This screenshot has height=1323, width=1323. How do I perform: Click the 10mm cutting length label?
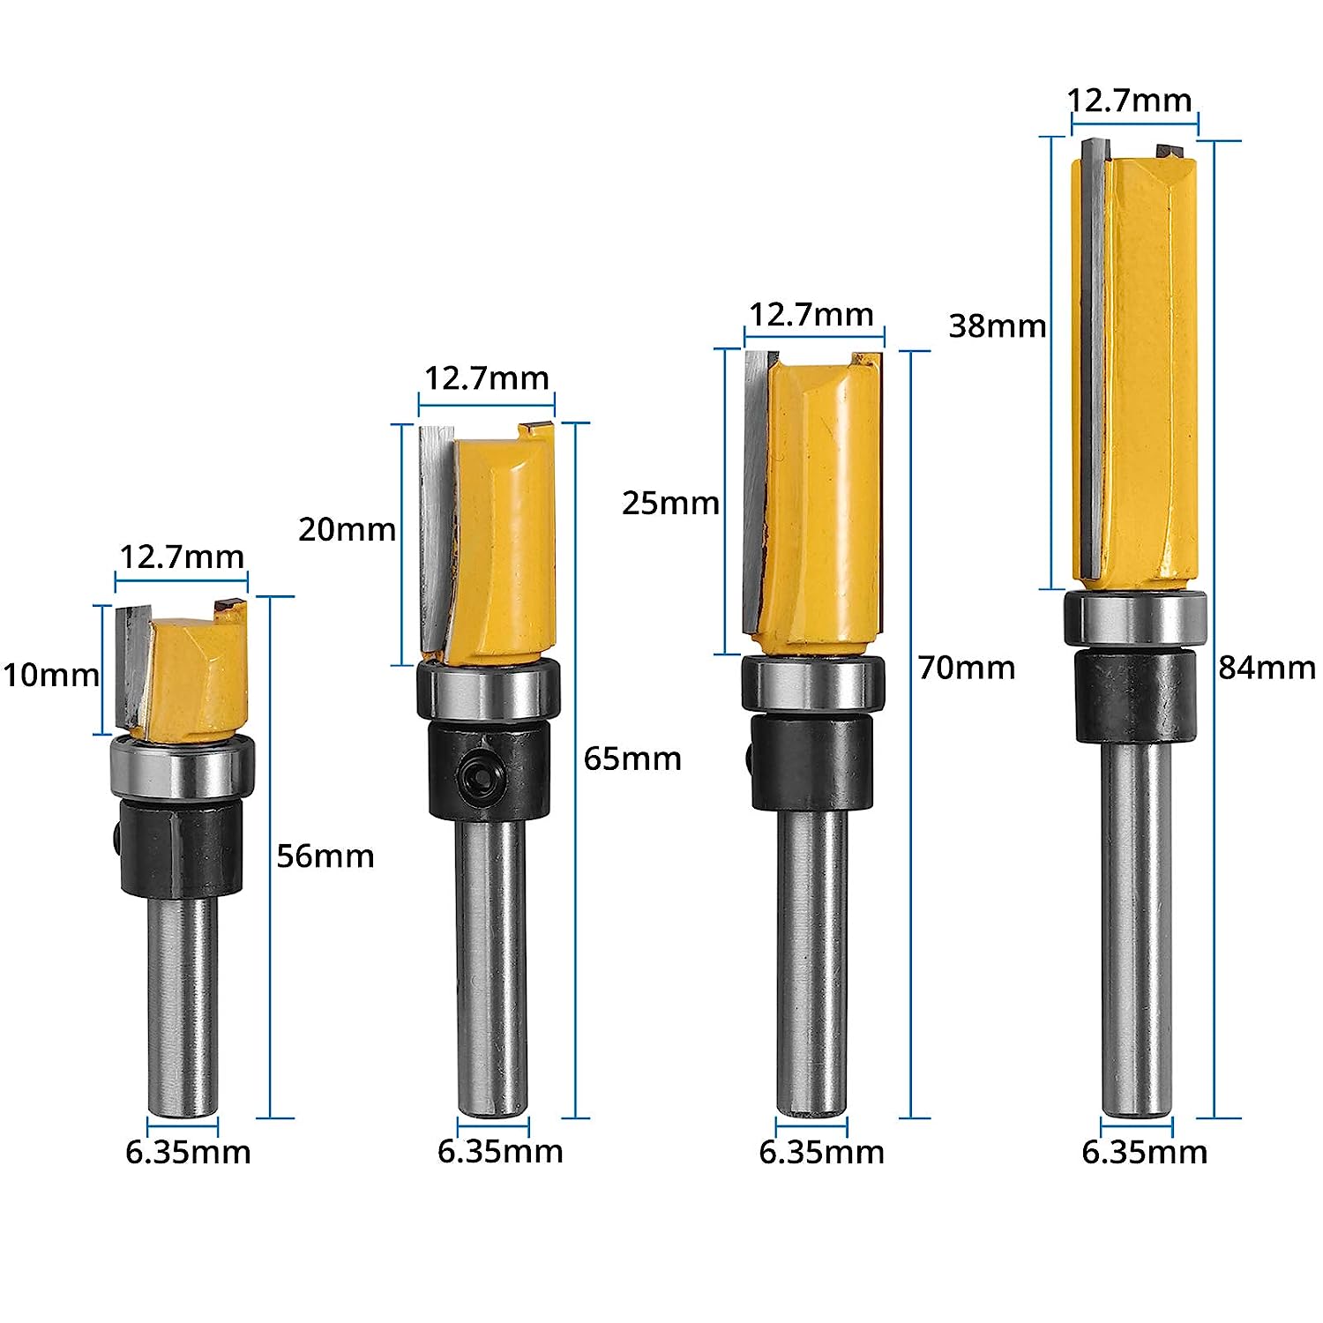click(51, 676)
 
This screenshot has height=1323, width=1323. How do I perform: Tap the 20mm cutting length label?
click(347, 529)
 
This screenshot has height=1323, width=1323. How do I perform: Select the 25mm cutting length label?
click(670, 503)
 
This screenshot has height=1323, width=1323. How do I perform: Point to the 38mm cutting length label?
click(997, 326)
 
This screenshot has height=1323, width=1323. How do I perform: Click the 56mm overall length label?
click(325, 856)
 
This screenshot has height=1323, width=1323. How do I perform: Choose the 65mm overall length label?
click(632, 759)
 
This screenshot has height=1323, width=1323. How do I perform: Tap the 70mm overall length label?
click(967, 668)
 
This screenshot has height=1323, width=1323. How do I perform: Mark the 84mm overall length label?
click(1267, 668)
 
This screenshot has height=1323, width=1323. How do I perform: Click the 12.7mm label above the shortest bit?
click(182, 557)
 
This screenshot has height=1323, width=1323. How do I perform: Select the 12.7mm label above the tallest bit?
click(1130, 101)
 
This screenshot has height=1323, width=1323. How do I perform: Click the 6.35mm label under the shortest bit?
click(188, 1152)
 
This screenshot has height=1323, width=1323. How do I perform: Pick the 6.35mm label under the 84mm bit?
click(1144, 1152)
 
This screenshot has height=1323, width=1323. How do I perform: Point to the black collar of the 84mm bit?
click(1136, 695)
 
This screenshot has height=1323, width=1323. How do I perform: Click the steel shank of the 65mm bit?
click(492, 961)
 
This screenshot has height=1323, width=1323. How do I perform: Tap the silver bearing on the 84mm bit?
click(1135, 619)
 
